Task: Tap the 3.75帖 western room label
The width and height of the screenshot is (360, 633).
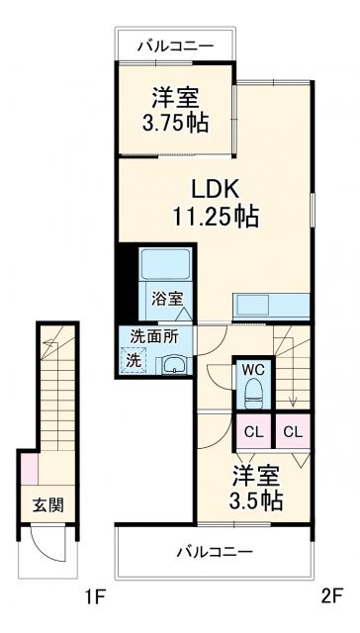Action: click(175, 111)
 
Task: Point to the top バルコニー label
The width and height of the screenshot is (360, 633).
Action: click(178, 45)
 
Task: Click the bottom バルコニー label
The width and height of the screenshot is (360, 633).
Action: click(216, 551)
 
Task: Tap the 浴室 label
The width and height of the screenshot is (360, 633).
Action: click(164, 297)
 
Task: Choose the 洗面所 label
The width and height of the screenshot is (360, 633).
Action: click(150, 336)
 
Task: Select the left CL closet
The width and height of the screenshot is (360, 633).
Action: click(254, 431)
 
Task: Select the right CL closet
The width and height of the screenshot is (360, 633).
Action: click(293, 431)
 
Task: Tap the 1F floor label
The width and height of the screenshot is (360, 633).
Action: click(94, 596)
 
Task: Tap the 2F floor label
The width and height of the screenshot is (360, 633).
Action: click(329, 596)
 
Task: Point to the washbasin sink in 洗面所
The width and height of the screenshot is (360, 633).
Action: click(174, 363)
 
